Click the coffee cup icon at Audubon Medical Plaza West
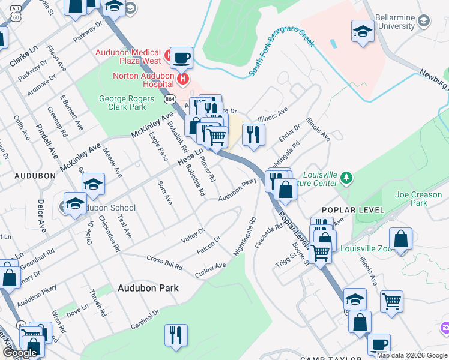181,58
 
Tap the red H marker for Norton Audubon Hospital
183,78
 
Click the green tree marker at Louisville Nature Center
346,178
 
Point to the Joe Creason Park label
418,199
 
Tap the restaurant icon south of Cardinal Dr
176,335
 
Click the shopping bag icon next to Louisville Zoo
400,239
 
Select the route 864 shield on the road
170,98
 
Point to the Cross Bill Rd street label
164,262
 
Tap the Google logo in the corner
20,353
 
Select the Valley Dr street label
193,236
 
